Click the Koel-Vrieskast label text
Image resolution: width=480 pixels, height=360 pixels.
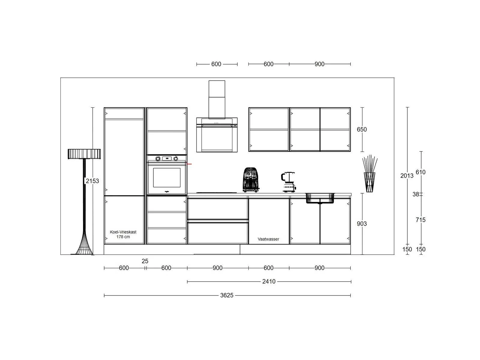click(123, 232)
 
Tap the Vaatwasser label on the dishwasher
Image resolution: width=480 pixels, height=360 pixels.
click(268, 239)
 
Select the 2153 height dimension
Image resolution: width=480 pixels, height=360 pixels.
click(92, 181)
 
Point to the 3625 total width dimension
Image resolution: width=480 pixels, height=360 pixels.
click(226, 295)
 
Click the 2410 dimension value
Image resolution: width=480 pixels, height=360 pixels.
click(269, 281)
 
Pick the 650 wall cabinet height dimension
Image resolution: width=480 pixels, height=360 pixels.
click(362, 129)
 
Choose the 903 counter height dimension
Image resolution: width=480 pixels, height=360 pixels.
click(362, 223)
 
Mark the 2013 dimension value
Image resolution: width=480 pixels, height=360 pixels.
click(407, 176)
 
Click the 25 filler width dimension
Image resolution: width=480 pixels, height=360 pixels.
click(145, 261)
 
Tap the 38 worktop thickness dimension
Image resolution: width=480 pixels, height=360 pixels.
click(416, 194)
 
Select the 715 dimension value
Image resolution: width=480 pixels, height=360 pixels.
click(421, 220)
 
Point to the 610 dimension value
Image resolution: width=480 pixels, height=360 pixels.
click(421, 172)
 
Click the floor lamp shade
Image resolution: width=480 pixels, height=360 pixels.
click(84, 154)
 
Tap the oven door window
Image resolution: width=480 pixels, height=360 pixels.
click(166, 178)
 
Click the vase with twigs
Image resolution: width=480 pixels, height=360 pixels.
click(370, 173)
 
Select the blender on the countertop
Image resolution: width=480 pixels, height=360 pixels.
click(288, 182)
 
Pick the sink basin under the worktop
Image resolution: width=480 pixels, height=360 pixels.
click(320, 198)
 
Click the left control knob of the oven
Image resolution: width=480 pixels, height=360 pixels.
click(158, 159)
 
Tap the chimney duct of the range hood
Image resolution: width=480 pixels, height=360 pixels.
click(217, 100)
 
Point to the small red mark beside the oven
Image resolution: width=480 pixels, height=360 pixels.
click(189, 164)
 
